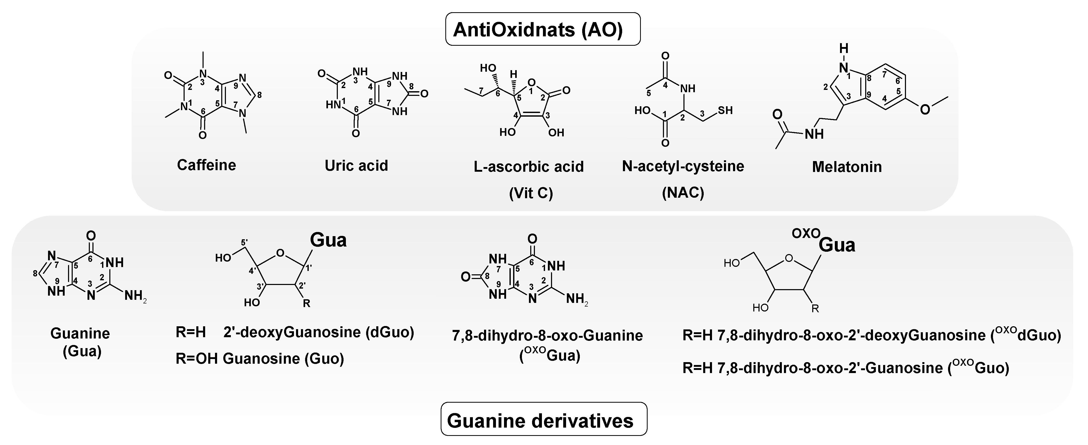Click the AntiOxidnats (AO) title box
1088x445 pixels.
[543, 29]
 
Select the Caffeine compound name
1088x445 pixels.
[206, 165]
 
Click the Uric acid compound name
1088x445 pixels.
[356, 165]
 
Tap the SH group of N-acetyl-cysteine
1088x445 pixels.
[725, 111]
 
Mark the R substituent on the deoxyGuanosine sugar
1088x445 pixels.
[307, 303]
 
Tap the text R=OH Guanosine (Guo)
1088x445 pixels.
[260, 358]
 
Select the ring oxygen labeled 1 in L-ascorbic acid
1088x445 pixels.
[532, 82]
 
